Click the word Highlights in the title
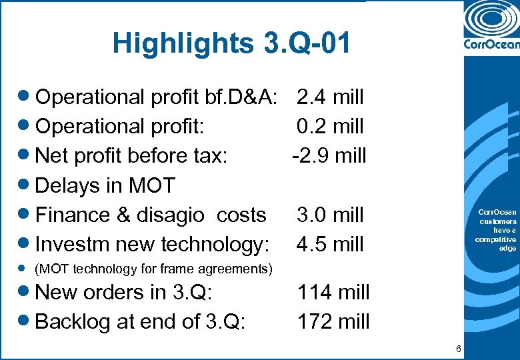tap(179, 43)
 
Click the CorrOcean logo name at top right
tap(490, 45)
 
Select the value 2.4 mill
tap(330, 97)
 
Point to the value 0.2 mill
tap(330, 127)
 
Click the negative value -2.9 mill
tap(329, 156)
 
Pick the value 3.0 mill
tap(330, 215)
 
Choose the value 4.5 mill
tap(330, 244)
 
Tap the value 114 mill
tap(333, 292)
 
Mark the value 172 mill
tap(333, 321)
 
